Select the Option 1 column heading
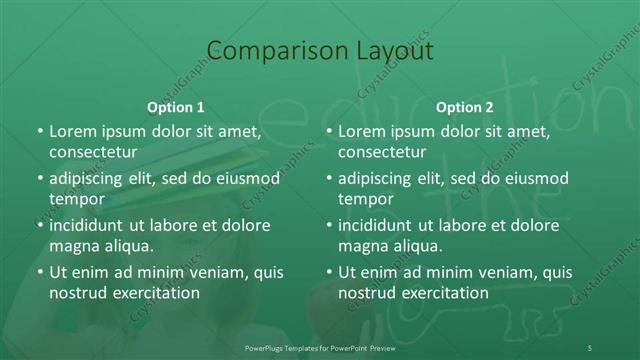tap(176, 107)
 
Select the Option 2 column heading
tap(465, 107)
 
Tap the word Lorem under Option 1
tap(71, 132)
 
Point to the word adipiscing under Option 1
tap(91, 178)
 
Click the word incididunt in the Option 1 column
tap(92, 225)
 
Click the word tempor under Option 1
tap(76, 198)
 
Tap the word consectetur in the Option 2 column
tap(389, 152)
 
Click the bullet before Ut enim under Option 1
tap(39, 272)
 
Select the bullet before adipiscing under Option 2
tap(328, 178)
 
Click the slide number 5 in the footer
tap(590, 347)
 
